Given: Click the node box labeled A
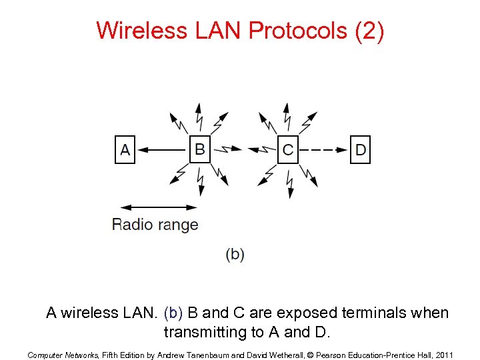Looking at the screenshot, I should [125, 149].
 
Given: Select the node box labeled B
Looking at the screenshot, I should [199, 149].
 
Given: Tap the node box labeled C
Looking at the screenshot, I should [287, 149].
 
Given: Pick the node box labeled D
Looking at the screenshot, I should [361, 149].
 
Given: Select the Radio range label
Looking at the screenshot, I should [155, 224].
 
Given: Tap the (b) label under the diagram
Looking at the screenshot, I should [235, 254].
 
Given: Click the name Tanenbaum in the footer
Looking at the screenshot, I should [203, 355].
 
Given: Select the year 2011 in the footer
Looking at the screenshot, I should [443, 355].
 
